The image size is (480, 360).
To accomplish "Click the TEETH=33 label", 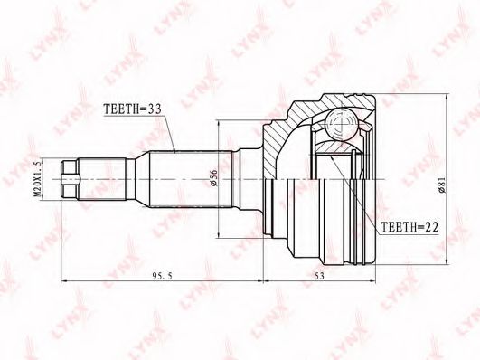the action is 133,109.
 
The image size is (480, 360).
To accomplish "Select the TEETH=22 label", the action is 409,227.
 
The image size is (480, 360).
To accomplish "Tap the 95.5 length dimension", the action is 162,276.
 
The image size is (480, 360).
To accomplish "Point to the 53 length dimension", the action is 319,276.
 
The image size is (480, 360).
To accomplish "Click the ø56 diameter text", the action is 213,177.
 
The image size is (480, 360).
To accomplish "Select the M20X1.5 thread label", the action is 37,179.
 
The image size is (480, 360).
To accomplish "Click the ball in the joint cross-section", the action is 341,124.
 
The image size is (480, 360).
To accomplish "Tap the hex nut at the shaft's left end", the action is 70,179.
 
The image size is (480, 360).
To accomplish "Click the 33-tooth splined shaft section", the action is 192,179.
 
